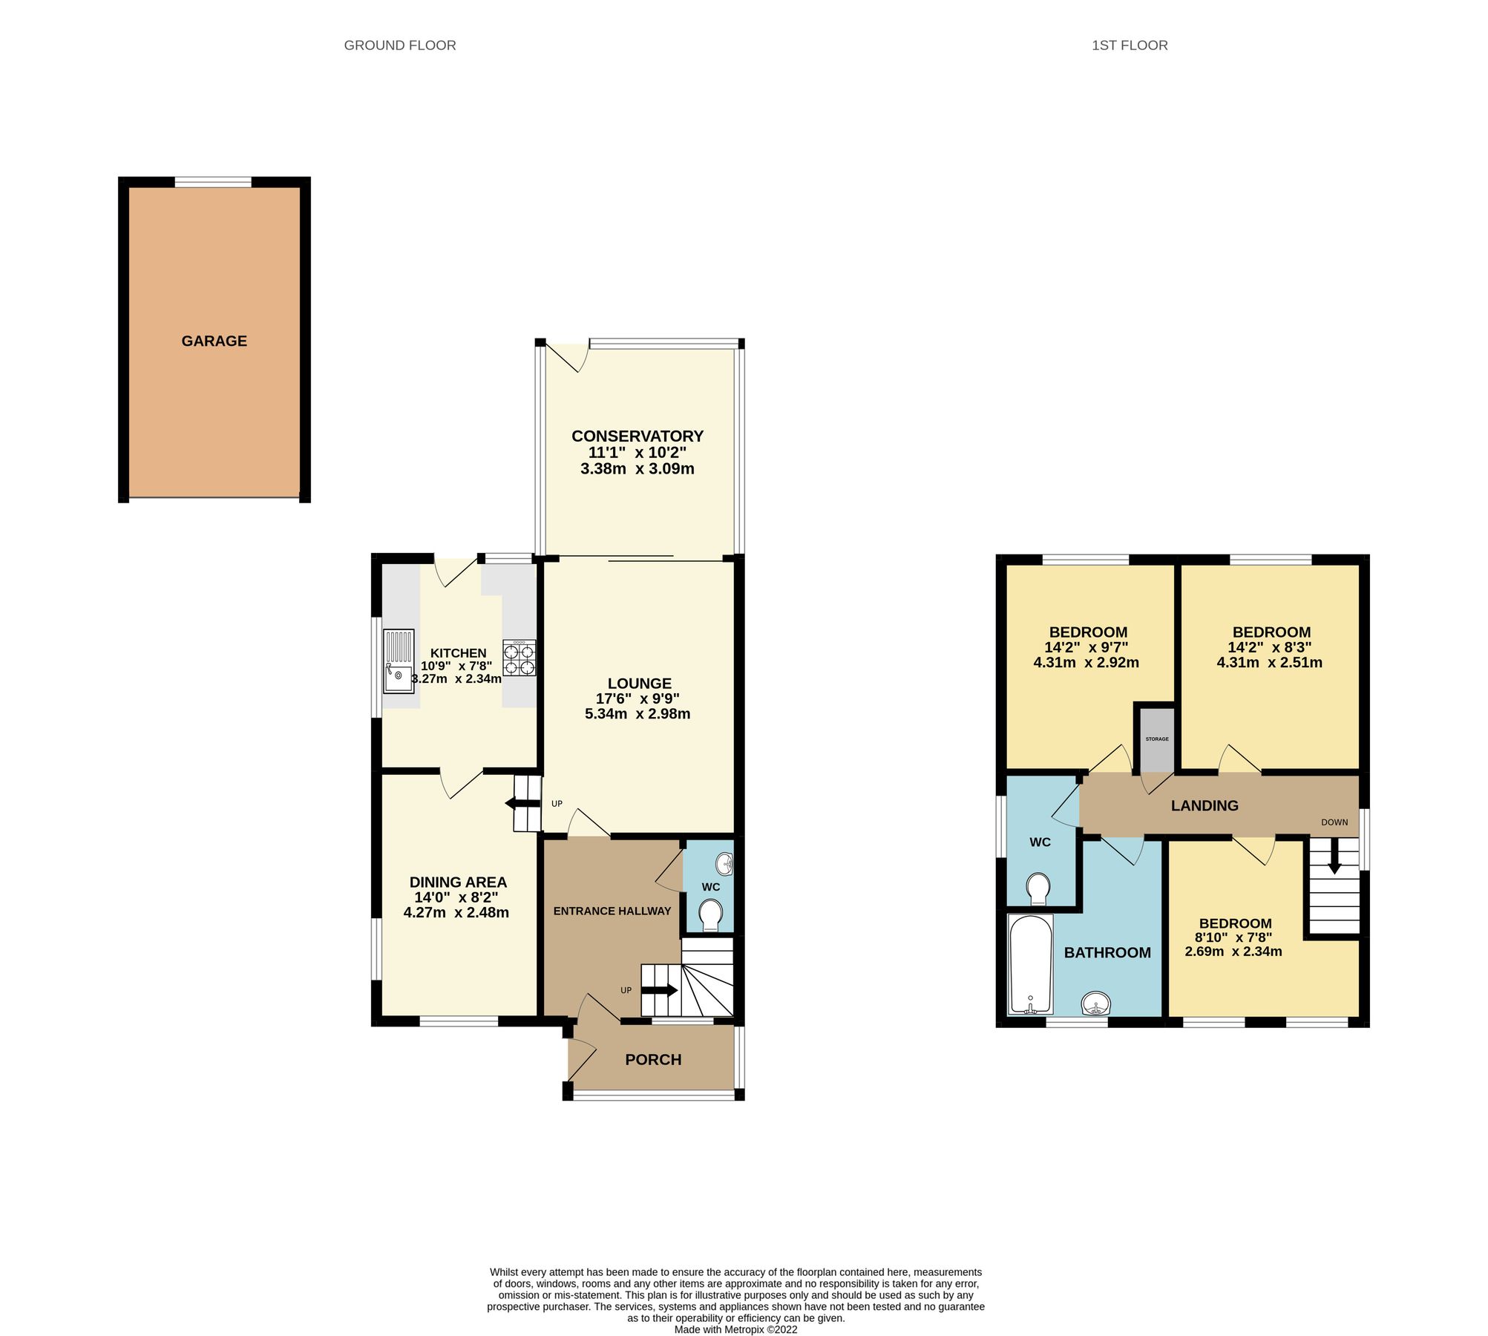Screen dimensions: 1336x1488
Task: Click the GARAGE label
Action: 214,341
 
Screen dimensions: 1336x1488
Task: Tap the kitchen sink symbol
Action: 399,661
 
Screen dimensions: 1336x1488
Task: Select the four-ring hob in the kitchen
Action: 519,658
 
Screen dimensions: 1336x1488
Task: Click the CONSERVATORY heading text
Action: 637,436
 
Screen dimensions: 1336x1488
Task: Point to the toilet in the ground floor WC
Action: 710,914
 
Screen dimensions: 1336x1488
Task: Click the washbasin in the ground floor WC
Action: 725,864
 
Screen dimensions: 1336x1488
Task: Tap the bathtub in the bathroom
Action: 1031,964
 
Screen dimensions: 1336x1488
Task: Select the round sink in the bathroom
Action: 1096,1004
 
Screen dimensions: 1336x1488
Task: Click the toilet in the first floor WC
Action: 1038,888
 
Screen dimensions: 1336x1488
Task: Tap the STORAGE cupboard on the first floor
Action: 1156,739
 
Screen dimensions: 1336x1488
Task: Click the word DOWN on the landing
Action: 1334,822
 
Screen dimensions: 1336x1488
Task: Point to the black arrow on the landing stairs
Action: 1334,861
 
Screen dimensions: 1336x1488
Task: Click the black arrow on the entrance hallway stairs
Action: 660,990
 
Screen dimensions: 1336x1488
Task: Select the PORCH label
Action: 653,1060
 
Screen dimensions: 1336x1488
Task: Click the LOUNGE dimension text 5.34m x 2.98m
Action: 637,714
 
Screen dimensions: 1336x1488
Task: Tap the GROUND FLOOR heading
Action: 399,45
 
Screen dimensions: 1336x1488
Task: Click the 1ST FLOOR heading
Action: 1129,45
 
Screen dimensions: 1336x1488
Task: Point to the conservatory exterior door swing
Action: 568,357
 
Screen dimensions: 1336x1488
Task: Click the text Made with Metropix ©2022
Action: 735,1329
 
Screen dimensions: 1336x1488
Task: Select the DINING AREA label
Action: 458,883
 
